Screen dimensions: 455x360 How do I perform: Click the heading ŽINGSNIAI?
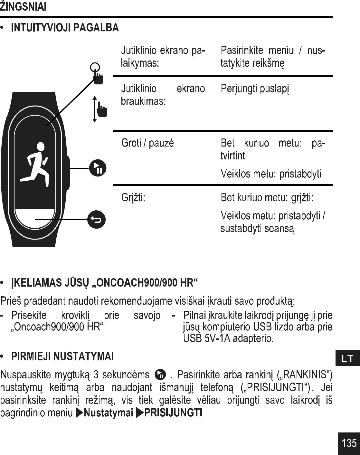pos(23,6)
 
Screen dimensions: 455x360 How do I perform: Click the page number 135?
pos(349,443)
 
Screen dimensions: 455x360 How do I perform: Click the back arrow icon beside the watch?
pos(98,220)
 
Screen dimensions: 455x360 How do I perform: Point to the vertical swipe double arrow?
pos(94,109)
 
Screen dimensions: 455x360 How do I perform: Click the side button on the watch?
pos(68,172)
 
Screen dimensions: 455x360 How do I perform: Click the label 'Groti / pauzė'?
pos(147,143)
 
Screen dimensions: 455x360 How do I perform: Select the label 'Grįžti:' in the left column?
pos(133,197)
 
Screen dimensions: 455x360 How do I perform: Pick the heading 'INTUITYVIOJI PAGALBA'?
pos(65,28)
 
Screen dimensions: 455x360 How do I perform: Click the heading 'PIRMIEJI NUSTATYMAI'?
pos(62,357)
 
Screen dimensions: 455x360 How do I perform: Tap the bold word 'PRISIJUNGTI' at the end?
pos(173,413)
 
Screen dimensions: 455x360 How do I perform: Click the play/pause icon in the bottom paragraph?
pos(160,375)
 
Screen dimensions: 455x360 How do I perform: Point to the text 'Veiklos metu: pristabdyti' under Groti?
pos(271,174)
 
